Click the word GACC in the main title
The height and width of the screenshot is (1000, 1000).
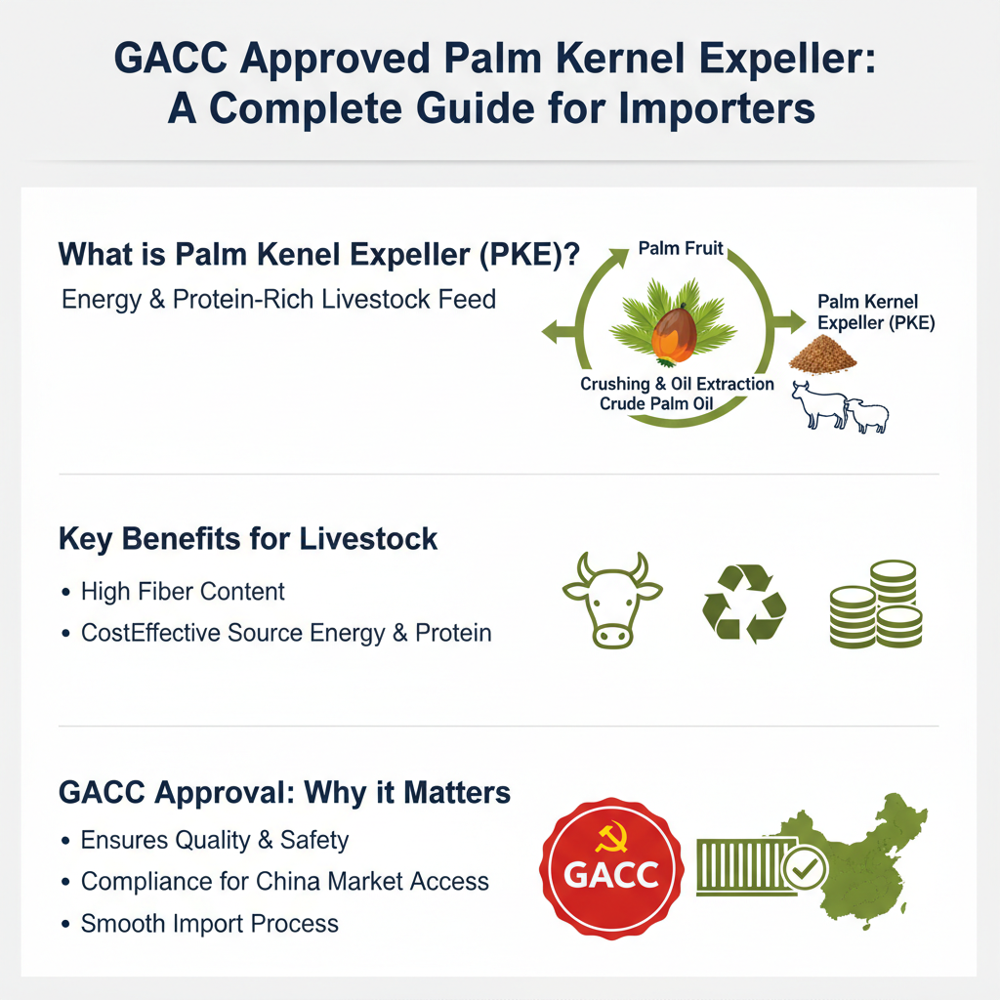(171, 58)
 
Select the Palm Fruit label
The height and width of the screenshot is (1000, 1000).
(681, 248)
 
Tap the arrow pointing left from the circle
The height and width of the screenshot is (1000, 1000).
(560, 332)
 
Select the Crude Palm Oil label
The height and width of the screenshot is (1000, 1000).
(656, 403)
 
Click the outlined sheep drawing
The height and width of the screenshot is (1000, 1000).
(867, 415)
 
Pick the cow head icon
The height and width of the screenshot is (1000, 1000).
(612, 601)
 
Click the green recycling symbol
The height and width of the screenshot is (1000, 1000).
(744, 603)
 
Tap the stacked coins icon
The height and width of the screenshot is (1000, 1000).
(876, 604)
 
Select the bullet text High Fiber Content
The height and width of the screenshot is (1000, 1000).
(183, 592)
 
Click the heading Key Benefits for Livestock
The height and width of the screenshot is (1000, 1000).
(247, 539)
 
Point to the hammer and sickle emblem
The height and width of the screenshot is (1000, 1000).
(611, 837)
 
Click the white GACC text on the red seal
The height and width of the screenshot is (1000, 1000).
(611, 874)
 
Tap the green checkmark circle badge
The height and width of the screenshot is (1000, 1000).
(805, 868)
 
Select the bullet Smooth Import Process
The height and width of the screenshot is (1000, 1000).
(209, 924)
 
